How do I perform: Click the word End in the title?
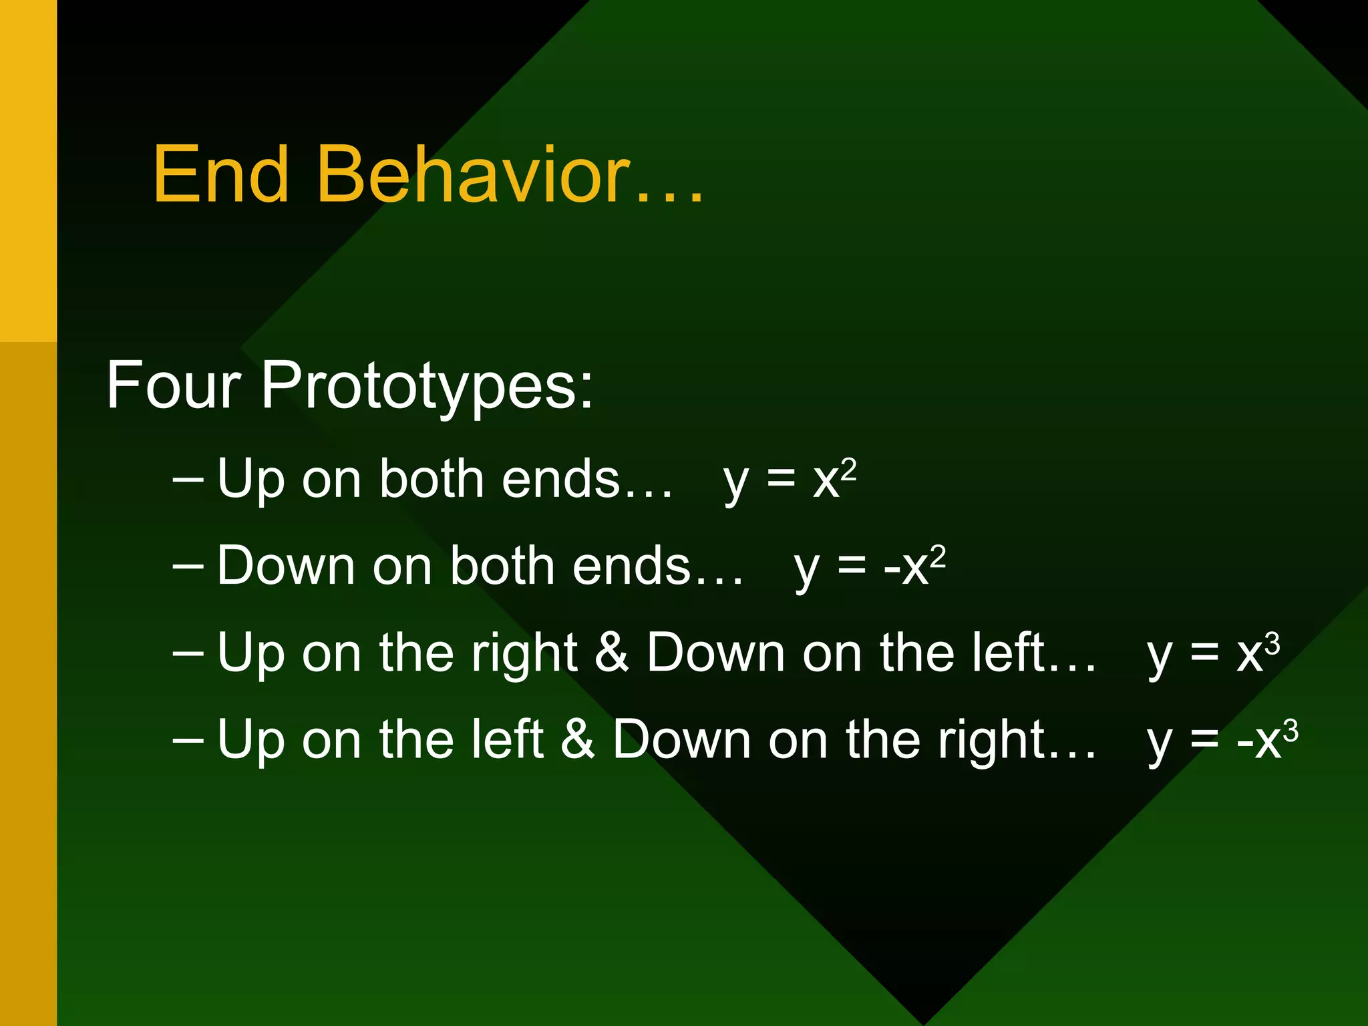click(221, 175)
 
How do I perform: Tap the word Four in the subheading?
click(173, 385)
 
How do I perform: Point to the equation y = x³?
click(1213, 653)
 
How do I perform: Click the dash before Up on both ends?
click(188, 480)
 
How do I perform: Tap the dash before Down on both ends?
click(188, 566)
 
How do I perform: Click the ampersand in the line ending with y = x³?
click(612, 653)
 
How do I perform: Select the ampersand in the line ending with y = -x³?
click(578, 739)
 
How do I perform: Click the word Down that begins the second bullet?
click(286, 566)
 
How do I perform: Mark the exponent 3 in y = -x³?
click(1291, 730)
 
